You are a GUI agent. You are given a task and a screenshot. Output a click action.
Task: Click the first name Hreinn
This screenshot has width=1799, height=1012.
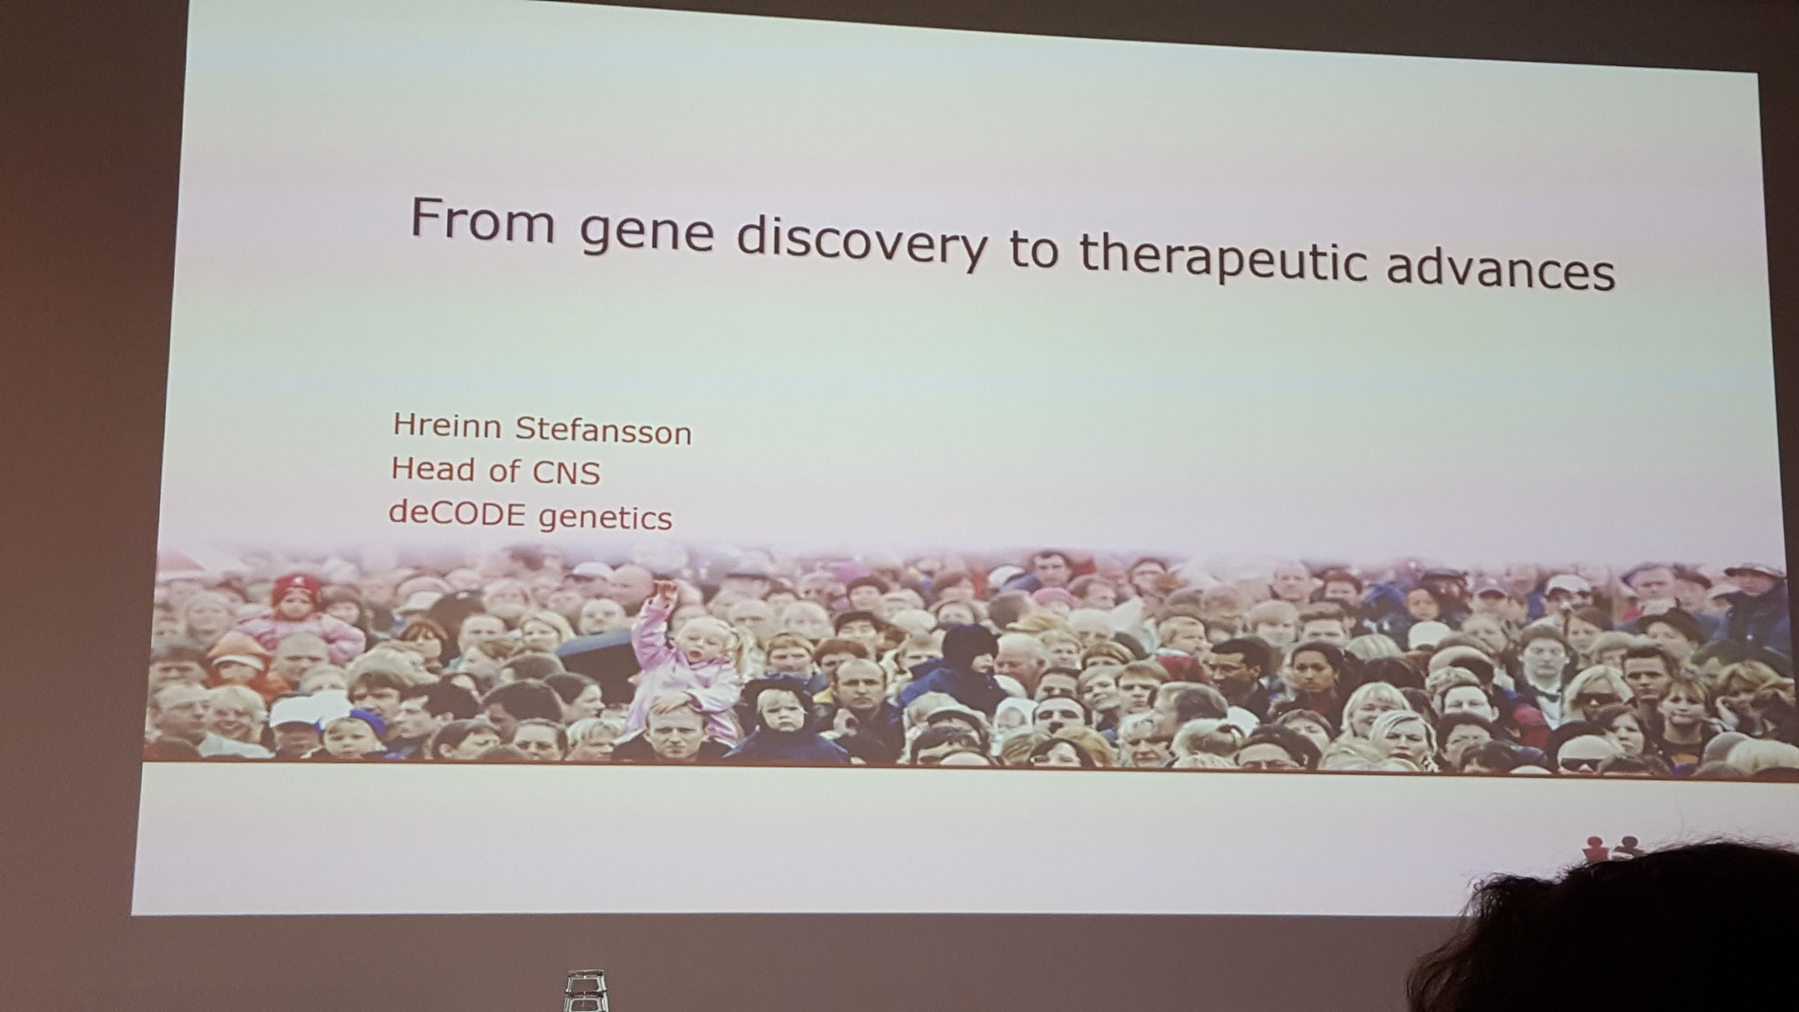click(x=447, y=426)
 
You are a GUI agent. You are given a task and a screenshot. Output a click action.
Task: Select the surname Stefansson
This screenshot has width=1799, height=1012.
click(x=603, y=430)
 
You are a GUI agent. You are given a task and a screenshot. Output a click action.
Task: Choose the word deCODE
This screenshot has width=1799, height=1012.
click(x=458, y=513)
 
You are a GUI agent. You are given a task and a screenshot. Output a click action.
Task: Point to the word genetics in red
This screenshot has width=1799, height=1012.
click(x=605, y=518)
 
